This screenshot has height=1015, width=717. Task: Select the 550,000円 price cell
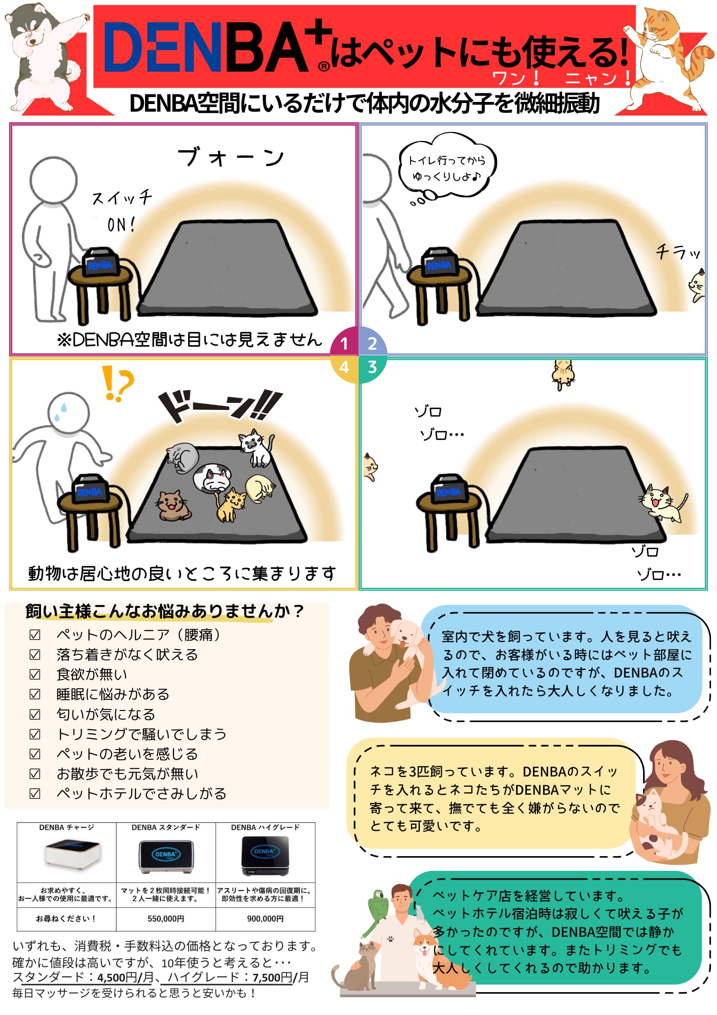click(166, 919)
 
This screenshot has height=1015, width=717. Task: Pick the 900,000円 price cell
click(265, 919)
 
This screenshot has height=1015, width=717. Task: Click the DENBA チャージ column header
click(66, 827)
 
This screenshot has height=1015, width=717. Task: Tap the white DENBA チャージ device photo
click(73, 855)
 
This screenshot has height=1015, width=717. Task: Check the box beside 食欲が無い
click(35, 674)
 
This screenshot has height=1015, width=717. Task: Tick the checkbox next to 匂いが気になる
click(35, 714)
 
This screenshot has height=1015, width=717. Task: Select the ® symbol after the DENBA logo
click(324, 66)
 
